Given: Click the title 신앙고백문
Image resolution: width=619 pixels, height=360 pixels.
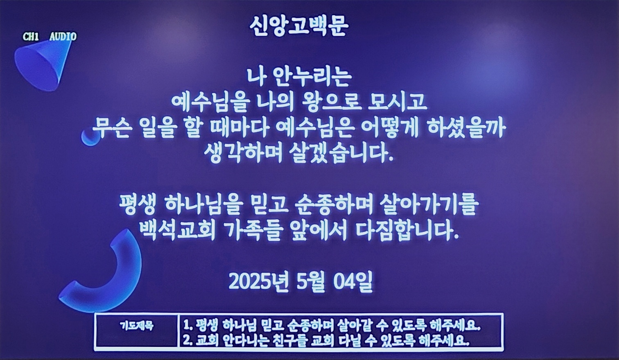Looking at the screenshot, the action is [x=299, y=27].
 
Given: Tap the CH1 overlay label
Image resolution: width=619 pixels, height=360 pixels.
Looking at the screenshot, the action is [x=31, y=36].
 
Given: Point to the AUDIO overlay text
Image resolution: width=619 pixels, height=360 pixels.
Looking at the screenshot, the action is [x=63, y=36].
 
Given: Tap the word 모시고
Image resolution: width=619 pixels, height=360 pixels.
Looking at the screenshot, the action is [x=398, y=102].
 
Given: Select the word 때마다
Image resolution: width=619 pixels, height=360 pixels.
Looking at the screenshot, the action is [x=240, y=129].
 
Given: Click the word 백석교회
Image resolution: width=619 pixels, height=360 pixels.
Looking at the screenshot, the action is [x=177, y=231].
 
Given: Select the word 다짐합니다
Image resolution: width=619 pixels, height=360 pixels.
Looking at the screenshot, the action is [x=407, y=231].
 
